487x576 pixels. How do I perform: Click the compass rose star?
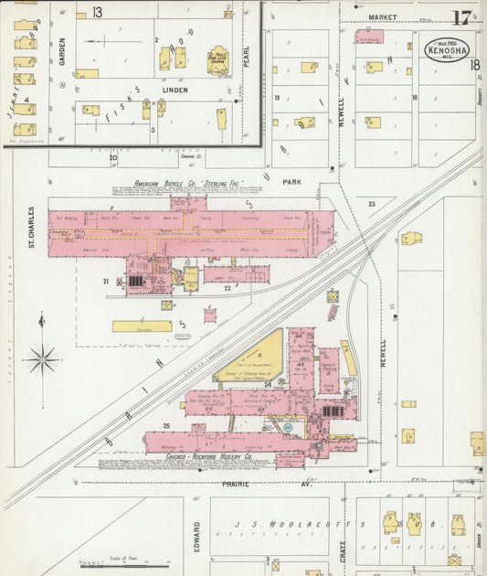point(42,359)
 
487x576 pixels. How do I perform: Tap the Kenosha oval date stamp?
point(447,49)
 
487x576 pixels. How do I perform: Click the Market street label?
point(383,17)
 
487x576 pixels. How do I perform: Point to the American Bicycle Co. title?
point(190,185)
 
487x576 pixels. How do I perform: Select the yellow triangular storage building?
point(257,359)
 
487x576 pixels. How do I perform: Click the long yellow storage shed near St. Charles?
point(142,325)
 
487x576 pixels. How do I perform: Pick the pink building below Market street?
point(369,37)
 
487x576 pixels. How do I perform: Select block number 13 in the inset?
point(97,11)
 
